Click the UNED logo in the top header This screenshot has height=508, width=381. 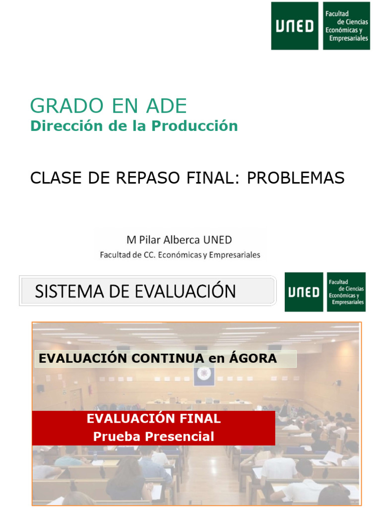(x=295, y=26)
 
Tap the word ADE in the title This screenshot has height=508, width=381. (x=166, y=106)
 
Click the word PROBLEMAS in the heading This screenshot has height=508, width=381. (x=296, y=178)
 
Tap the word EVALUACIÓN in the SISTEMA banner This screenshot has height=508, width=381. (x=184, y=291)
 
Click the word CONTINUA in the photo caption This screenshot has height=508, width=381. (x=165, y=358)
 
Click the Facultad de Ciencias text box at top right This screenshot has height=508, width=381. (x=346, y=26)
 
